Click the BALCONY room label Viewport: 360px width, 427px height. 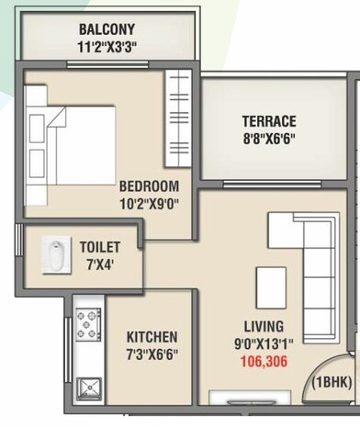107,28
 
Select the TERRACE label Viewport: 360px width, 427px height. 268,121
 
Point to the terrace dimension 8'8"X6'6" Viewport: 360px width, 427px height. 268,139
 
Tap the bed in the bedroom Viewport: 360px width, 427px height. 73,132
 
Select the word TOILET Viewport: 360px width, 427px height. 99,247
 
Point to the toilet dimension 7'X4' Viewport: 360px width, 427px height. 99,264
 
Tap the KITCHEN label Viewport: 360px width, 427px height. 152,337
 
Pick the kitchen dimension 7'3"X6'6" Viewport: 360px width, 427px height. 152,354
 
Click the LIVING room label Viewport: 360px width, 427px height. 264,326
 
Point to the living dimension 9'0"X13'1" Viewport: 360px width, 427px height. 264,344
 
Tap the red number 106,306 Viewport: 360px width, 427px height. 264,362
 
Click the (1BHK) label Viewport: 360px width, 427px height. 333,381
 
